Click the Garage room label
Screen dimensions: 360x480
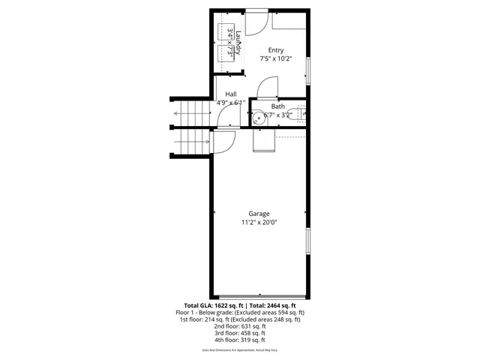259,214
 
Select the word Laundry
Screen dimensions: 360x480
236,40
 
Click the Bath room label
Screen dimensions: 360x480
277,106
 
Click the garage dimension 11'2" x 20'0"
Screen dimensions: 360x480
259,223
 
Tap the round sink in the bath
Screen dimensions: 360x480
257,116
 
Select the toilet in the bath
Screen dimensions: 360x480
299,114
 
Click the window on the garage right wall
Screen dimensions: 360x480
307,241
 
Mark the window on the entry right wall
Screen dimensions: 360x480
307,71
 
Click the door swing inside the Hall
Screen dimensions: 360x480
226,113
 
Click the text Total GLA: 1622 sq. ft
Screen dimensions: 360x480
202,306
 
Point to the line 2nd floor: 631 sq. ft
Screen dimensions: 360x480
239,326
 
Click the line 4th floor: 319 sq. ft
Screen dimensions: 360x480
239,340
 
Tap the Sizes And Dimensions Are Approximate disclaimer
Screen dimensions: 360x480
239,350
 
